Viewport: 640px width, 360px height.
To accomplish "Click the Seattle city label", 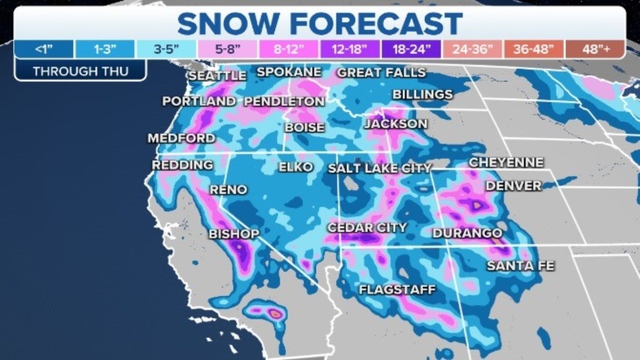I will tap(217, 75).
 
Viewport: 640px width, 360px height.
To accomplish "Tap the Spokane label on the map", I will tap(288, 72).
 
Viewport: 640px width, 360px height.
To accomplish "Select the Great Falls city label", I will tap(381, 72).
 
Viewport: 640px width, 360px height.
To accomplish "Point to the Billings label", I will tap(422, 94).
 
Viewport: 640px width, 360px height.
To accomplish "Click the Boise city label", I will tap(304, 127).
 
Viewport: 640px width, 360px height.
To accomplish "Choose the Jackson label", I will tap(395, 123).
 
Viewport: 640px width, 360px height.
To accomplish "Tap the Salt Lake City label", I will tap(379, 168).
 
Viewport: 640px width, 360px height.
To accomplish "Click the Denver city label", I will tap(513, 185).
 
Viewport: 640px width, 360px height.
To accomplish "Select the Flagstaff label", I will tap(397, 289).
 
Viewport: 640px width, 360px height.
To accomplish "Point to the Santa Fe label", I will tap(520, 265).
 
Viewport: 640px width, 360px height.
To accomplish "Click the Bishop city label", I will tap(233, 233).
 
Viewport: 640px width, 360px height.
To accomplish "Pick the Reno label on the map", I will tap(228, 189).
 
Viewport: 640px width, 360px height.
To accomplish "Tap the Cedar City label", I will tap(366, 228).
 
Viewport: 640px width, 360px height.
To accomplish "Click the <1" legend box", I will tap(44, 49).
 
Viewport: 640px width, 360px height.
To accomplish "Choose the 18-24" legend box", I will tap(410, 49).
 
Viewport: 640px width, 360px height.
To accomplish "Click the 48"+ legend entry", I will tap(594, 49).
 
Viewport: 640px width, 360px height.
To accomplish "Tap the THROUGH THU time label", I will tap(80, 71).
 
